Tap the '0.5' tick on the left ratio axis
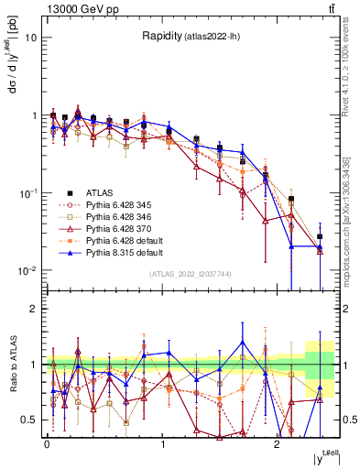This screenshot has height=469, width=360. pos(28,420)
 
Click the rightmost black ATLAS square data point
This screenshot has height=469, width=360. pos(320,236)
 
